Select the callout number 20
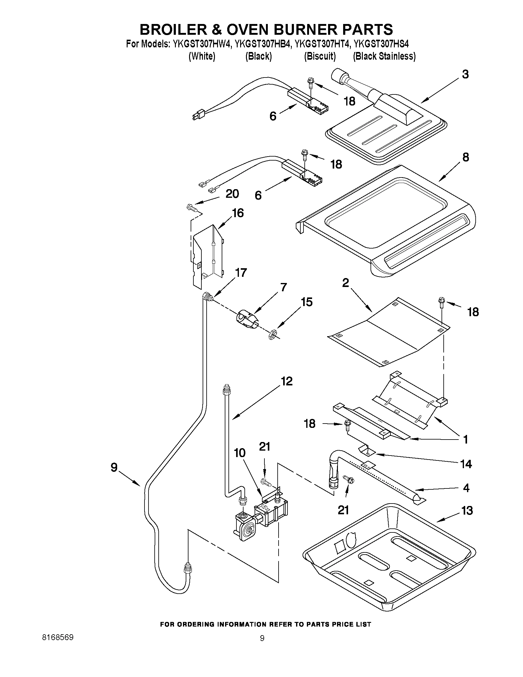click(x=232, y=194)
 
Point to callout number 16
click(x=238, y=213)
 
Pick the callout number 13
click(x=467, y=510)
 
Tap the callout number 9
click(x=114, y=467)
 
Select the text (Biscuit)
click(x=320, y=56)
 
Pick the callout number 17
click(x=241, y=273)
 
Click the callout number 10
click(x=240, y=453)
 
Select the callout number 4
click(x=466, y=488)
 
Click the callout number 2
click(x=346, y=282)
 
